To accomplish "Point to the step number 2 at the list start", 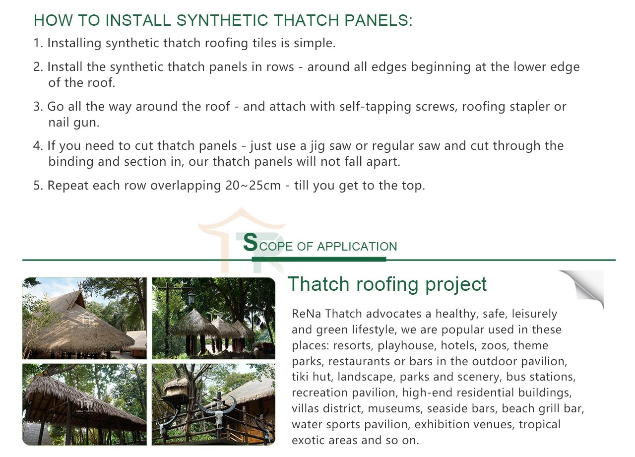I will (37, 67).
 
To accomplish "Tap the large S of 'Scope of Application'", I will (251, 243).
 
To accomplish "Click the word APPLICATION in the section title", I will (357, 247).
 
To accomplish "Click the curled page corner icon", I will (583, 288).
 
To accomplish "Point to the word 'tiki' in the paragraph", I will (302, 377).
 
